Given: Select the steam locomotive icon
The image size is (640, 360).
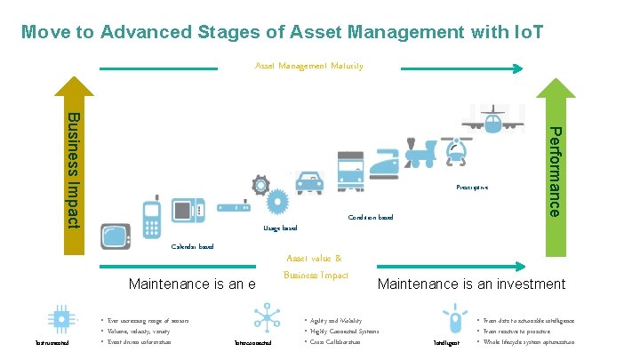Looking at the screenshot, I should [420, 154].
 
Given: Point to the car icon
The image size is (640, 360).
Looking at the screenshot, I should [308, 181].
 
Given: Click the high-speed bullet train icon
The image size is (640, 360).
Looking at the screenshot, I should [384, 163].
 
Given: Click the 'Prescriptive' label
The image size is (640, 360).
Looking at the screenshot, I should [472, 188].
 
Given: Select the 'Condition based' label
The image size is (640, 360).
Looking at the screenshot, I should [371, 217].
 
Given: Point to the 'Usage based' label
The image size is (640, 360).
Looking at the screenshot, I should [280, 228].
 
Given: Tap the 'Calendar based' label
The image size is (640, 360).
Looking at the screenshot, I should [192, 246].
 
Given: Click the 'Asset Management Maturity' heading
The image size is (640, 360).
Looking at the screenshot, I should [308, 66].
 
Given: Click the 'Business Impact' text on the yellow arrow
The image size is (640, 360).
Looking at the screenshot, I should [74, 169].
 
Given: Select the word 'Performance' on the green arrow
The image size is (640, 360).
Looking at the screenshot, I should [553, 172].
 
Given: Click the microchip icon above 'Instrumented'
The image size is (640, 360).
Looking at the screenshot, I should [61, 319].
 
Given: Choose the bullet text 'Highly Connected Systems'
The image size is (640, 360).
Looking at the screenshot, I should [343, 331].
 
